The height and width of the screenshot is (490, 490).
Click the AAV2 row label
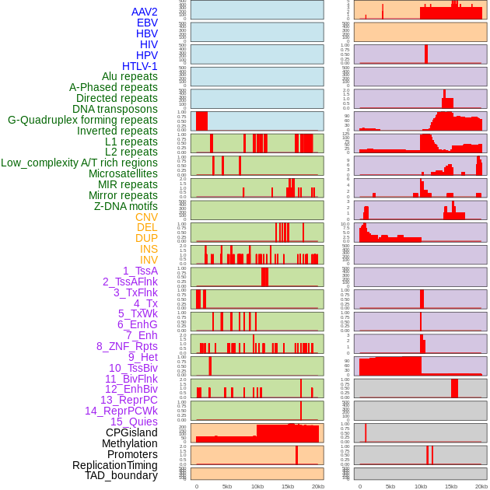pos(144,12)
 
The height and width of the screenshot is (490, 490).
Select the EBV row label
pos(147,23)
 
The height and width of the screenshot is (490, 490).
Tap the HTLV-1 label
pos(139,66)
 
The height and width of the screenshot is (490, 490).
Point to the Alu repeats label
pos(130,76)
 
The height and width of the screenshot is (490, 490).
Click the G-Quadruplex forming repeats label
pos(82,120)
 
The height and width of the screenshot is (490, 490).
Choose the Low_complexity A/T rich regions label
pos(79,163)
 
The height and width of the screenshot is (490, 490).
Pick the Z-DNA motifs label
pos(126,206)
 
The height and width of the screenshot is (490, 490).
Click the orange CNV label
pos(146,217)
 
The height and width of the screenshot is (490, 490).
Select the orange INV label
pos(149,260)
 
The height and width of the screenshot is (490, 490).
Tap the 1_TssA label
pos(140,271)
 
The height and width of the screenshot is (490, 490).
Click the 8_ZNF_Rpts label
pos(127,346)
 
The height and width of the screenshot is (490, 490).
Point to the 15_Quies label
pos(133,422)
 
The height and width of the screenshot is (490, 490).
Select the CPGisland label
pos(131,432)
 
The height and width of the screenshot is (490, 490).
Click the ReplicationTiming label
pos(115,465)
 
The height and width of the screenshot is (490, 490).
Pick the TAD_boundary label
pos(121,475)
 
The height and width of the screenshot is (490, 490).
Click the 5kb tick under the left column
pos(227,486)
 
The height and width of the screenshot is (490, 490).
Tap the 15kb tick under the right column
pos(451,486)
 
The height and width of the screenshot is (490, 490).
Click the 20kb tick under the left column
pos(318,486)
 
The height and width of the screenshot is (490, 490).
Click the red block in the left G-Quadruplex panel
pos(201,121)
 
